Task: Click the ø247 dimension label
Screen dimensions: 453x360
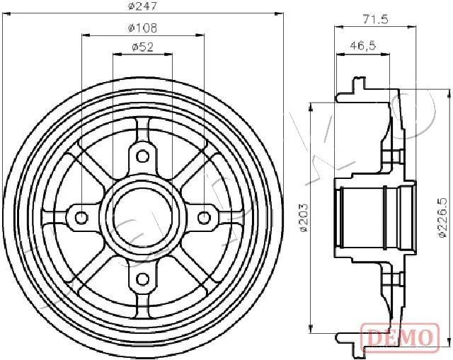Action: [143, 6]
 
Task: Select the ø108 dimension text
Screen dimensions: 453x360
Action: [142, 28]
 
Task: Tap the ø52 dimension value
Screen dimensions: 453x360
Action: [142, 47]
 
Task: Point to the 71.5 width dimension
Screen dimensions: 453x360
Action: [375, 19]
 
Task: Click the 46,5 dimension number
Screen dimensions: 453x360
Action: [362, 45]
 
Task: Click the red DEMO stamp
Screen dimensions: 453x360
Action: [400, 337]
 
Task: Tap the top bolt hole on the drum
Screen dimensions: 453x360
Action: [142, 156]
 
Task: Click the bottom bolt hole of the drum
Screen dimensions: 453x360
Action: [142, 279]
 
